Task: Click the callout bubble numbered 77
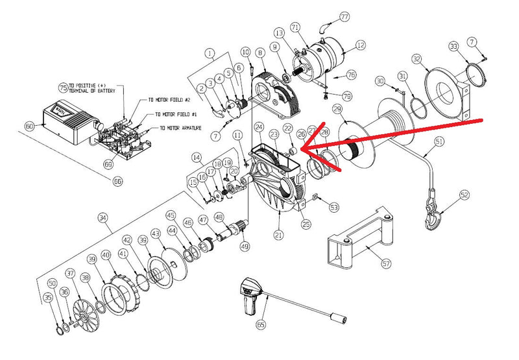click(344, 16)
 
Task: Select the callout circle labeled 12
click(360, 45)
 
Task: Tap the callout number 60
click(29, 126)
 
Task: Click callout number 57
click(386, 264)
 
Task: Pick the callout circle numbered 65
click(261, 323)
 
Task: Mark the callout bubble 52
click(464, 195)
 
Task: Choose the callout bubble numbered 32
click(417, 59)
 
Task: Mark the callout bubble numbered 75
click(63, 86)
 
